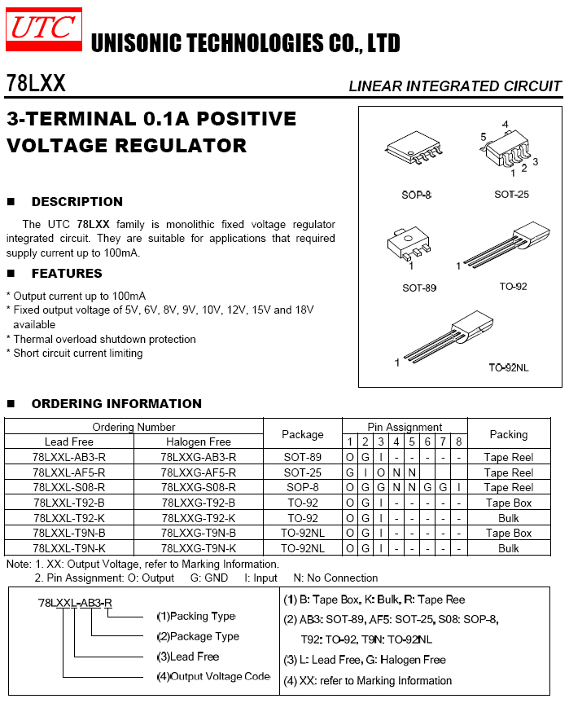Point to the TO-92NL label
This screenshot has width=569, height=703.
(509, 367)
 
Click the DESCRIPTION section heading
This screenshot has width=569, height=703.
(77, 202)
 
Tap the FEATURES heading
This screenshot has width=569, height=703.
(67, 274)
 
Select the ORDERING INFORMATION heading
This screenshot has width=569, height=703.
(116, 404)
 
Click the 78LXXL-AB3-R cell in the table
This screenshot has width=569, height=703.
(70, 458)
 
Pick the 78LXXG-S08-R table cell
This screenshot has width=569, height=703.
(199, 487)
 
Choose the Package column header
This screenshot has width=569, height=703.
(302, 434)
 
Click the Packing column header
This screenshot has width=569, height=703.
(508, 434)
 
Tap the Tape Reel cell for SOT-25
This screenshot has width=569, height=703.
(508, 472)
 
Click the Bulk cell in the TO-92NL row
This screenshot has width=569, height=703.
(508, 548)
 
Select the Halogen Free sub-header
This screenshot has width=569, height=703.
(199, 442)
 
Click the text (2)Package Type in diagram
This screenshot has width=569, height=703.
(198, 636)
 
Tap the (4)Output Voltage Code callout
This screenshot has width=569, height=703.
(212, 676)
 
